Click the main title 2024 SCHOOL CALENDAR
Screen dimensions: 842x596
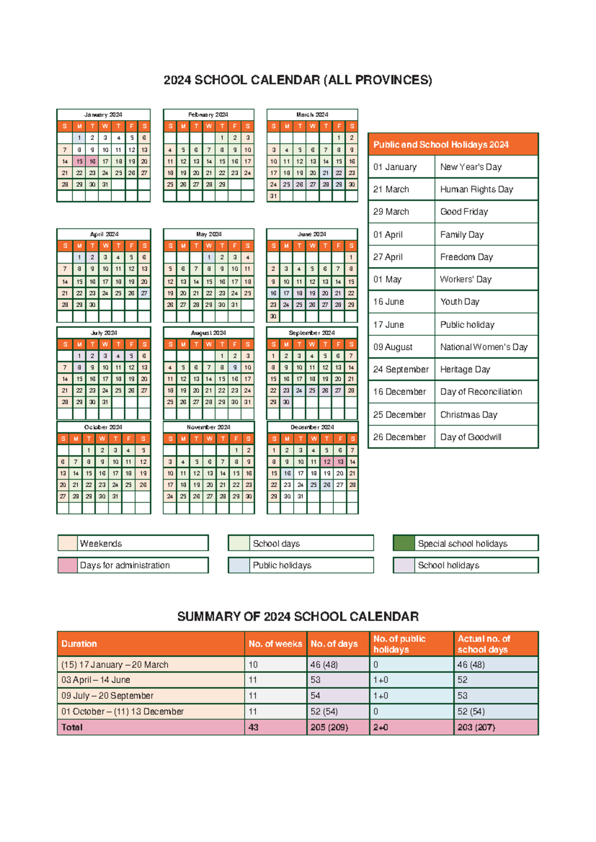pos(298,80)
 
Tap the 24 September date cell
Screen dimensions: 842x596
pos(400,369)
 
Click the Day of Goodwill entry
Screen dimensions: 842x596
pos(470,437)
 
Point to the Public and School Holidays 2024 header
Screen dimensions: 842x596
pos(441,144)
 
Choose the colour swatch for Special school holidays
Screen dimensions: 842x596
pos(403,543)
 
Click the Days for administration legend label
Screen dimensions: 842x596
pos(125,565)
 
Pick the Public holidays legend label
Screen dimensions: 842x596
pos(282,565)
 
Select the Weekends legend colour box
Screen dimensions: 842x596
pos(68,543)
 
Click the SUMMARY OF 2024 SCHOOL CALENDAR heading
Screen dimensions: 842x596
pos(298,617)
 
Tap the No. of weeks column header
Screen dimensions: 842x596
pos(275,644)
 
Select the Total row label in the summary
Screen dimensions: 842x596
pos(72,727)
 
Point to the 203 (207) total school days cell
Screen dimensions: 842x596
pos(476,727)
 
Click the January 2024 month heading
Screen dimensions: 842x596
pos(103,115)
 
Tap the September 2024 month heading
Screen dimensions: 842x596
pos(312,333)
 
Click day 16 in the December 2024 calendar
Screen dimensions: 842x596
pos(287,473)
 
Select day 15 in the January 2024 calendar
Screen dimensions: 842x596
pos(79,161)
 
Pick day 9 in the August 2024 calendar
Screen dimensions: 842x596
pos(234,367)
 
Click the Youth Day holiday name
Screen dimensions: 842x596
pos(459,302)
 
